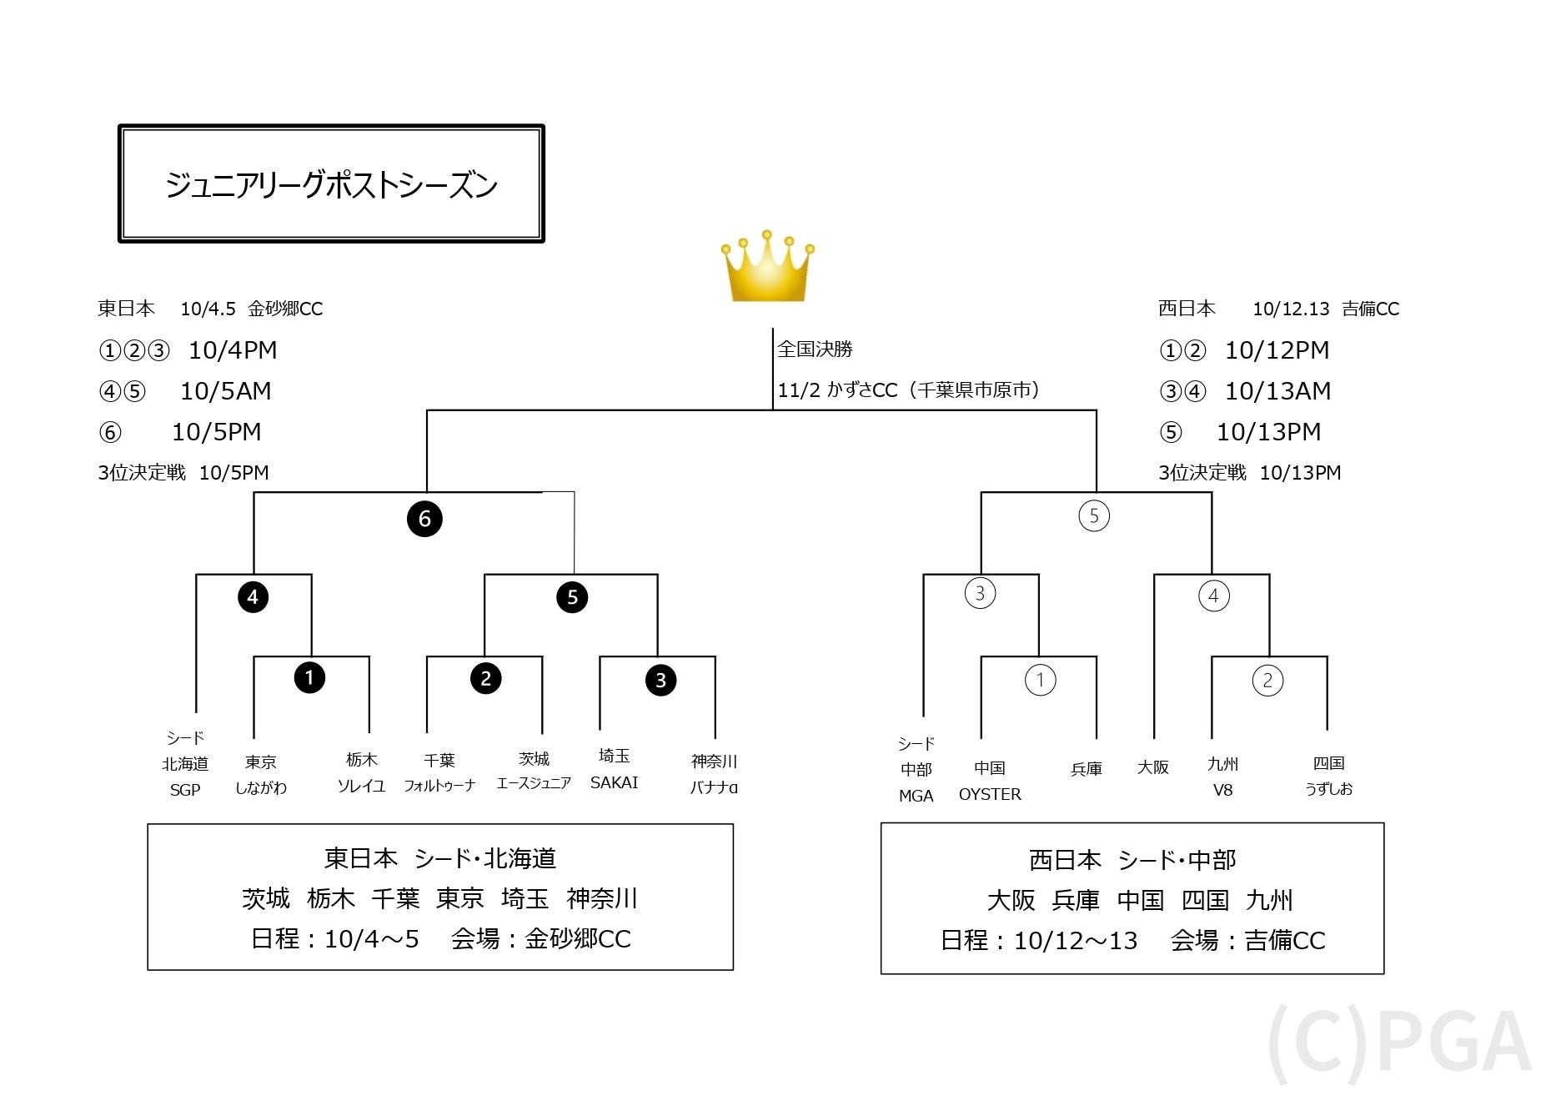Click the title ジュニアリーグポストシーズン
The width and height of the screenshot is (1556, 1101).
click(331, 184)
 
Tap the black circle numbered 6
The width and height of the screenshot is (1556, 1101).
click(424, 519)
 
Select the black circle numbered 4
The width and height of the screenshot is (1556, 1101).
click(253, 597)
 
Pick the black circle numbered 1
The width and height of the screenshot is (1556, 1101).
click(309, 677)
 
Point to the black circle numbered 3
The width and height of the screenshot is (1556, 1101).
click(660, 681)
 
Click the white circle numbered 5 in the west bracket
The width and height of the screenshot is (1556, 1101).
click(1094, 516)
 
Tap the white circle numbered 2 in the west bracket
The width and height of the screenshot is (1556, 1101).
click(1267, 681)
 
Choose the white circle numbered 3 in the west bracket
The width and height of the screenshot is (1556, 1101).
click(980, 594)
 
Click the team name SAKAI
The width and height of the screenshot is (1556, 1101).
click(614, 782)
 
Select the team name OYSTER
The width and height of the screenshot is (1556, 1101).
click(990, 794)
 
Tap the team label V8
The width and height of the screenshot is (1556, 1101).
click(1222, 790)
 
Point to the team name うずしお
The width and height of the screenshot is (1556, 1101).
click(1328, 789)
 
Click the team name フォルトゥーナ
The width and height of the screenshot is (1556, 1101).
click(439, 786)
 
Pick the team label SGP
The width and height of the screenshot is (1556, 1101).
click(185, 790)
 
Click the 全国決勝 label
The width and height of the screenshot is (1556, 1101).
click(815, 349)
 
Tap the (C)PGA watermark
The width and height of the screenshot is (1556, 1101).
click(1399, 1043)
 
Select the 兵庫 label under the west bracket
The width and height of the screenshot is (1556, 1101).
click(1087, 769)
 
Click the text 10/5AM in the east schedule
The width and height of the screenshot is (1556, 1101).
click(226, 391)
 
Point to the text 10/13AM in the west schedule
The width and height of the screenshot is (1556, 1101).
click(1277, 391)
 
